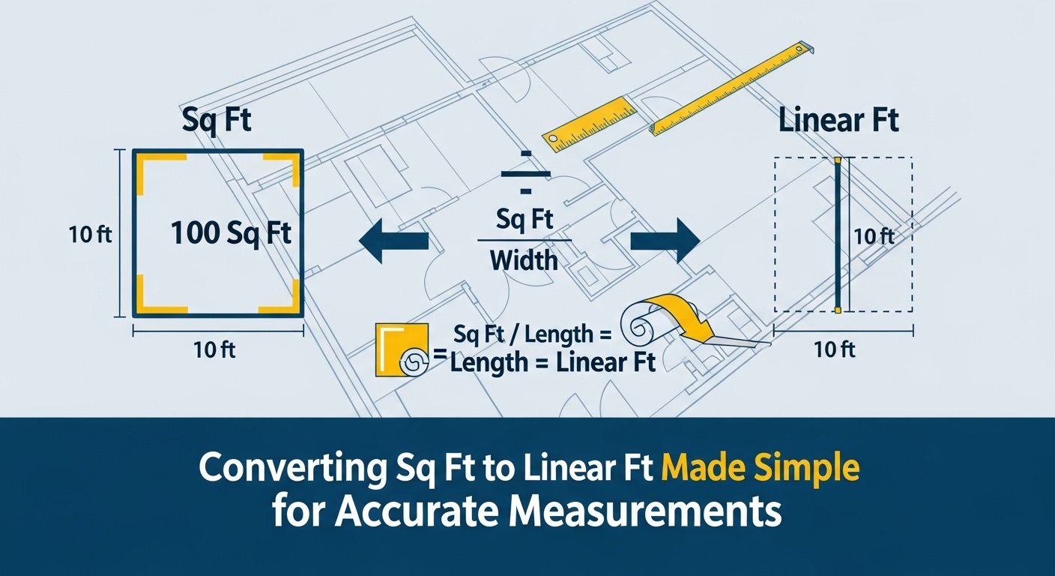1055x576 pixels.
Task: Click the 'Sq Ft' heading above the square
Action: coord(217,122)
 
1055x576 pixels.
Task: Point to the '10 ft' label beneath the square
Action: coord(213,349)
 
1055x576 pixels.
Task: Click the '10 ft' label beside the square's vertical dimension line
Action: coord(90,235)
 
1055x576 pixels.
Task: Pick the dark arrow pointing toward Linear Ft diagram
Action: coord(665,241)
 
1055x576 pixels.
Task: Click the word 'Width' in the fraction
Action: coord(524,260)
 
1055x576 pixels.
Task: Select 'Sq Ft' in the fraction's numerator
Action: coord(525,220)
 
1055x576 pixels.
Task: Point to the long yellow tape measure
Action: coord(731,90)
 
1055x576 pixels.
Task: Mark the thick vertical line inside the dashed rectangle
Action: coord(838,235)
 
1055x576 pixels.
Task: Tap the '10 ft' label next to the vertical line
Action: coord(874,236)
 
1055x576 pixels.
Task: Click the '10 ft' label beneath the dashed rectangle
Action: coord(835,349)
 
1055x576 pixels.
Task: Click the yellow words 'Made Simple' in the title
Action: coord(761,469)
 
